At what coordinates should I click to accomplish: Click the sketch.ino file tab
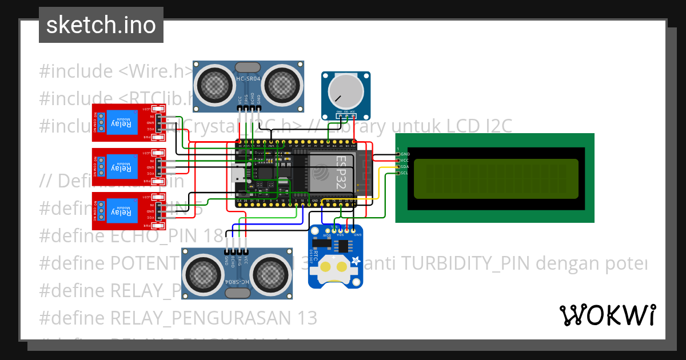click(101, 25)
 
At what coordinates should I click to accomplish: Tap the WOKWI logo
click(607, 315)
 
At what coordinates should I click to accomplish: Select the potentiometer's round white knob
click(346, 91)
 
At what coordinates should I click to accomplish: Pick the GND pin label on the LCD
click(405, 154)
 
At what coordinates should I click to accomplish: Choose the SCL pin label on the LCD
click(404, 173)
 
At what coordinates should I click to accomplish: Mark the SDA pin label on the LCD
click(404, 167)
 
